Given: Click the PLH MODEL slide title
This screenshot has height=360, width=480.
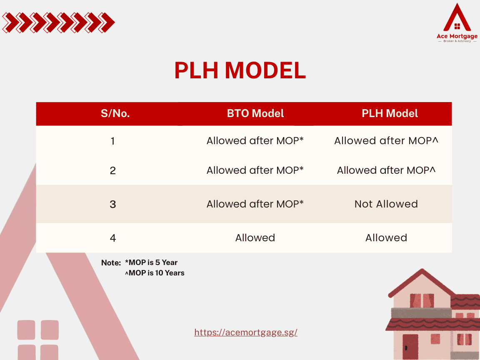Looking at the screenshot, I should tap(240, 70).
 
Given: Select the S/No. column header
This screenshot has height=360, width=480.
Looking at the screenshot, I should tap(115, 113).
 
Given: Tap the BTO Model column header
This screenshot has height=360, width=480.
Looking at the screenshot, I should tap(255, 113).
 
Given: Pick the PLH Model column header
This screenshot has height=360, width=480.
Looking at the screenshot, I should tap(390, 113).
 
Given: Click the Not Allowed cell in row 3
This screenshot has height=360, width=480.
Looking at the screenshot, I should tap(386, 204).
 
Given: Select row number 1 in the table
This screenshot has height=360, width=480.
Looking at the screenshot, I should tap(113, 141).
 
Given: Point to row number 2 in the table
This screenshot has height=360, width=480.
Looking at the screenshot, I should tap(113, 171).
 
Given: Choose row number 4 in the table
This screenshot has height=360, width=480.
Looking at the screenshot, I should tap(113, 238).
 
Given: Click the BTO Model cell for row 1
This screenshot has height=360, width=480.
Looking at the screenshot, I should tap(255, 141).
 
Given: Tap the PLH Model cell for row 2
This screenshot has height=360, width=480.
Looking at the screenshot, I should tap(386, 170).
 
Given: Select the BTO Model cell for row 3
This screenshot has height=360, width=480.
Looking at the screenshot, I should tap(255, 204).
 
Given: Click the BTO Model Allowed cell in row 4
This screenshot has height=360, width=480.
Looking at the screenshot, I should tap(255, 238).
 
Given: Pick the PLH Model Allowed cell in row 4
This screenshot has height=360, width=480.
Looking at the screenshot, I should tap(386, 238).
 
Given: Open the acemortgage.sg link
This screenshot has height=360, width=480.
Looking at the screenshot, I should tap(246, 332).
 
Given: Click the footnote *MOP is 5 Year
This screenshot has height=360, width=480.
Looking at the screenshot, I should tap(151, 262).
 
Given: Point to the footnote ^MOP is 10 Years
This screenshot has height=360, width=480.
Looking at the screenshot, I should tap(155, 273).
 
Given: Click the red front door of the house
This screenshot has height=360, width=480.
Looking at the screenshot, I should tap(410, 347).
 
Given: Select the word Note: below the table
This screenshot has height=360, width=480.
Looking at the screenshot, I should tap(111, 263).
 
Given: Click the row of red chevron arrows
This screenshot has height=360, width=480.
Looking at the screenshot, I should tap(58, 22).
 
